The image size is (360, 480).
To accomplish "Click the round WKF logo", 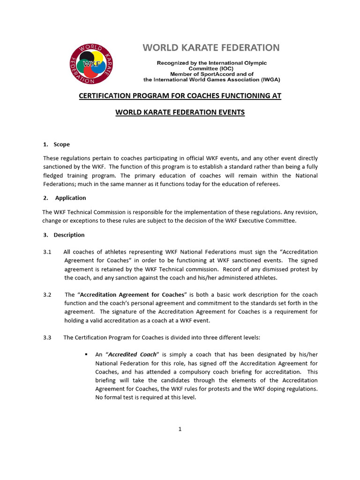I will click(92, 64).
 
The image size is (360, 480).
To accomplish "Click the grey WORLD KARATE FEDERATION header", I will click(211, 47).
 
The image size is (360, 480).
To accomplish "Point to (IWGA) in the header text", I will click(269, 80).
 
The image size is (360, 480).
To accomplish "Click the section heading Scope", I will click(61, 144).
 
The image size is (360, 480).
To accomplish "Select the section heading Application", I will click(70, 198).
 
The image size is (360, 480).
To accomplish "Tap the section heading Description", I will click(69, 235).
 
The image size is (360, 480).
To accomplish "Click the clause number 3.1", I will click(47, 252).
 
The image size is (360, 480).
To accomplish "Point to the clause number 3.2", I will click(47, 295).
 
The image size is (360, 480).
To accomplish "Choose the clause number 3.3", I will click(47, 337).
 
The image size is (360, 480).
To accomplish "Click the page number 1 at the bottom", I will click(180, 429).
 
